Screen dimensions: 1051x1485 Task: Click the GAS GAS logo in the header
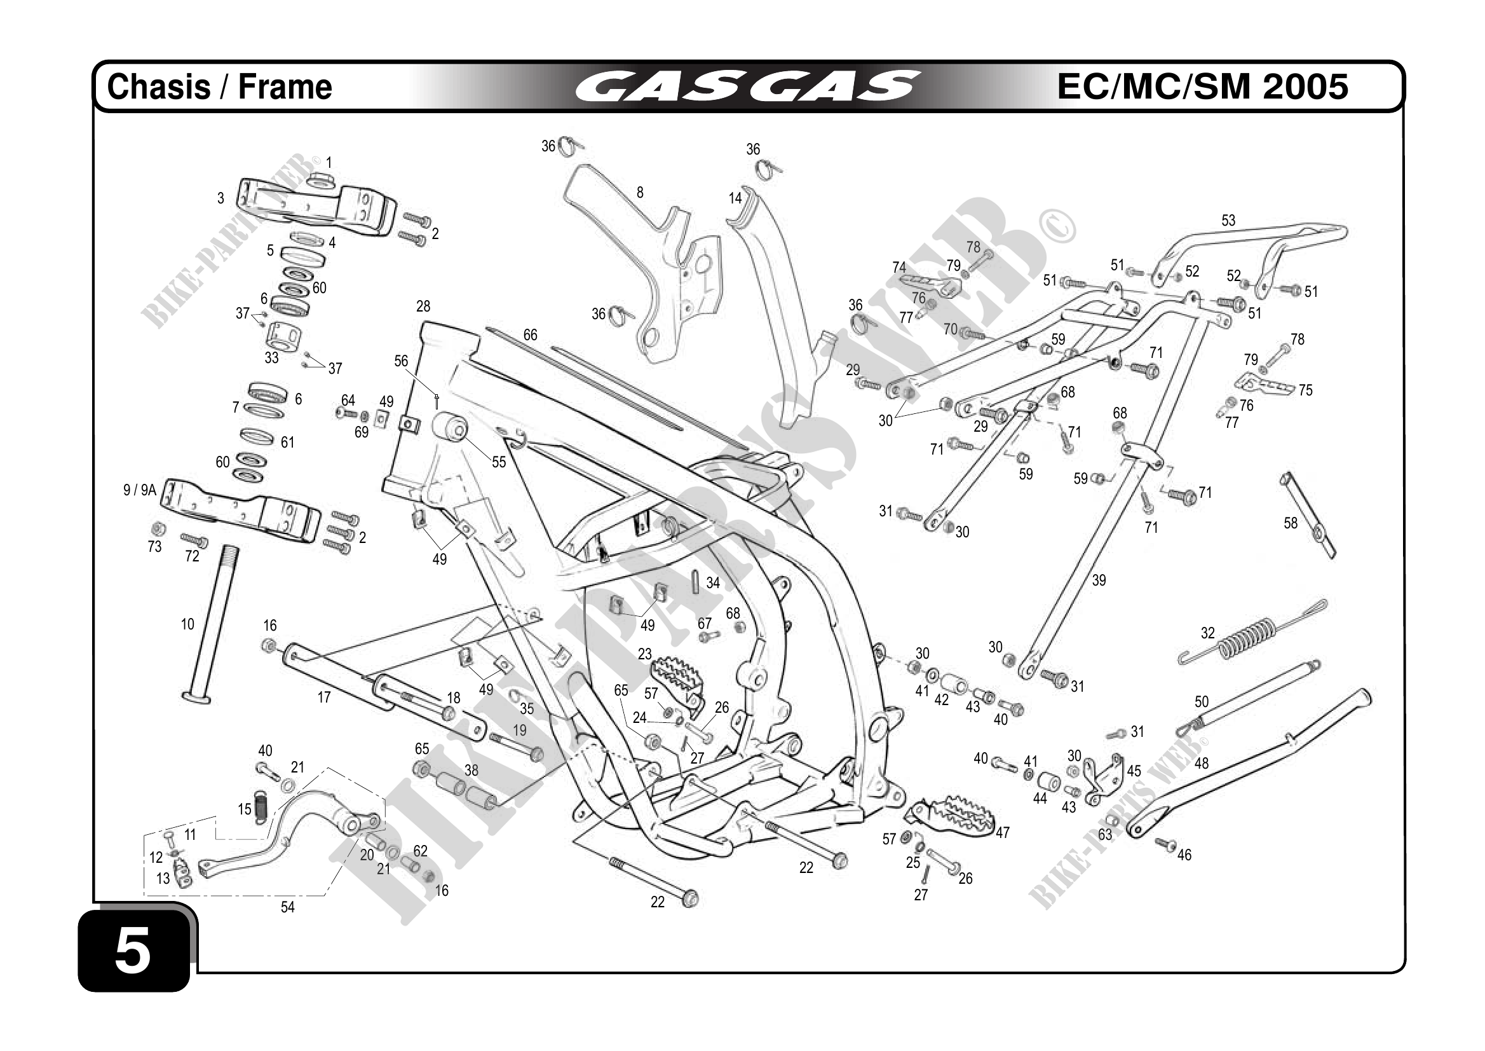pyautogui.click(x=747, y=86)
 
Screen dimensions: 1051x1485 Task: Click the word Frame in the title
pyautogui.click(x=285, y=86)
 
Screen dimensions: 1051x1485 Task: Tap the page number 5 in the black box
pyautogui.click(x=133, y=951)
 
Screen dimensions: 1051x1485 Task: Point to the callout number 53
pyautogui.click(x=1228, y=221)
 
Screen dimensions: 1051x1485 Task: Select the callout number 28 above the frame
pyautogui.click(x=423, y=306)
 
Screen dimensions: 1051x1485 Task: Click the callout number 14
pyautogui.click(x=735, y=198)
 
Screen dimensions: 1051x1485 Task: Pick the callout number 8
pyautogui.click(x=640, y=192)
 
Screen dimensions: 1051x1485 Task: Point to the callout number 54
pyautogui.click(x=287, y=907)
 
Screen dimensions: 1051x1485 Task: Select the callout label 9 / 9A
pyautogui.click(x=140, y=490)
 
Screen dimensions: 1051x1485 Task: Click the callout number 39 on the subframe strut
pyautogui.click(x=1099, y=580)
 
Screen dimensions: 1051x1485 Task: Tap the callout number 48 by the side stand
pyautogui.click(x=1201, y=763)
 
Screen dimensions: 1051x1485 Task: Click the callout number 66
pyautogui.click(x=530, y=334)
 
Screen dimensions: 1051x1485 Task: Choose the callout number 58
pyautogui.click(x=1291, y=523)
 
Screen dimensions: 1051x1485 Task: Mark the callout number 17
pyautogui.click(x=323, y=697)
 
